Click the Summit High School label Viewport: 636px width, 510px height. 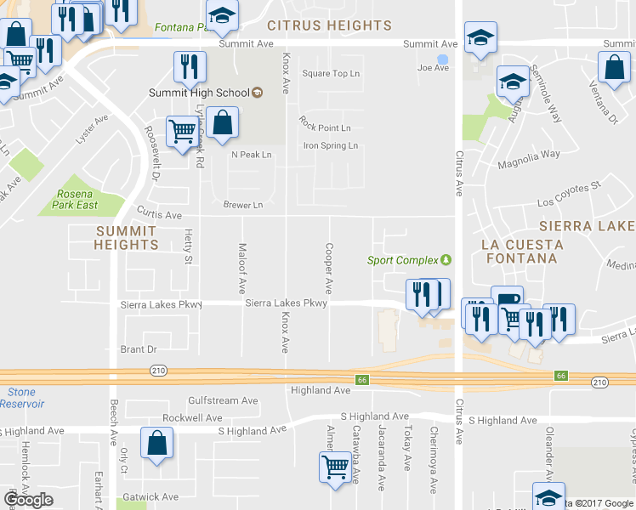click(197, 93)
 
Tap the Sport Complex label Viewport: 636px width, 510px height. click(402, 260)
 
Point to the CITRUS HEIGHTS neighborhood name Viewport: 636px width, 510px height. click(330, 25)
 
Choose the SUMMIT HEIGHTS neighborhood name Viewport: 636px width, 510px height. click(126, 237)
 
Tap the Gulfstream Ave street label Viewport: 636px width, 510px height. click(223, 400)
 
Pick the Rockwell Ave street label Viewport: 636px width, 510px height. click(192, 418)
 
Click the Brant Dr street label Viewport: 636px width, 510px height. click(139, 349)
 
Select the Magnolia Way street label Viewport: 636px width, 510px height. click(529, 154)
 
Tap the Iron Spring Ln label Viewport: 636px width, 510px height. click(331, 145)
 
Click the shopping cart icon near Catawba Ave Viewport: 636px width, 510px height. click(335, 466)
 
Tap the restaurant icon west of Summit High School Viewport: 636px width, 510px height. click(190, 66)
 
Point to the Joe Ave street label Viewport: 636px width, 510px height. click(433, 68)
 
